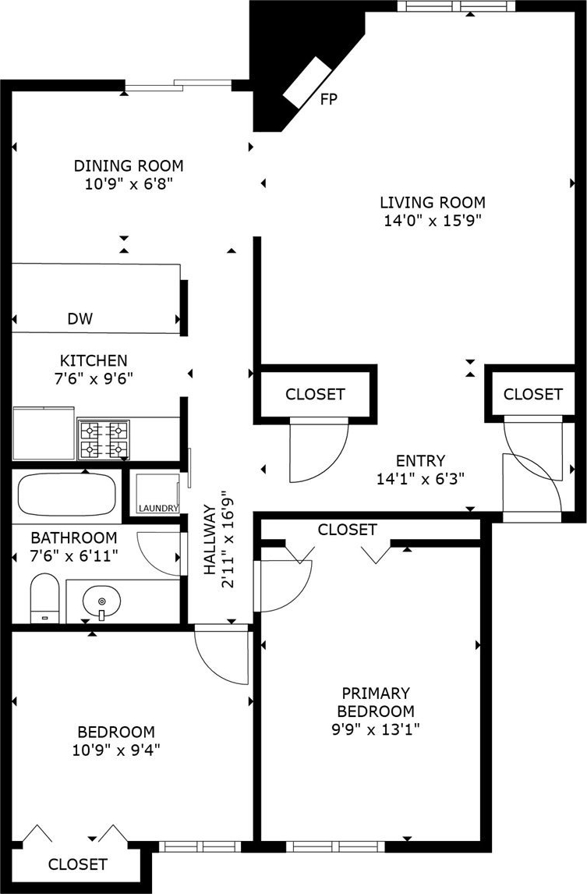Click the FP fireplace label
(x=329, y=99)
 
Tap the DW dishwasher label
(x=80, y=319)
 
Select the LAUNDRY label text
(x=158, y=508)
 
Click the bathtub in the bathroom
(x=67, y=494)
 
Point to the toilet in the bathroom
(x=45, y=598)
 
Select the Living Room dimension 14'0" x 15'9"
(x=433, y=221)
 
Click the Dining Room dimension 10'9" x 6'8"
(x=129, y=184)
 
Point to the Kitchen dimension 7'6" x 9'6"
(x=94, y=378)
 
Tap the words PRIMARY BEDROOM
(x=376, y=702)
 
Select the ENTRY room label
(x=421, y=460)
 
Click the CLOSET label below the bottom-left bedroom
(x=77, y=864)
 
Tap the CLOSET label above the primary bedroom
(x=347, y=530)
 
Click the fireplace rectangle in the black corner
(x=308, y=82)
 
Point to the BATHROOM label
(x=74, y=537)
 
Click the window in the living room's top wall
(x=457, y=5)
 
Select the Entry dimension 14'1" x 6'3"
(x=421, y=478)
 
